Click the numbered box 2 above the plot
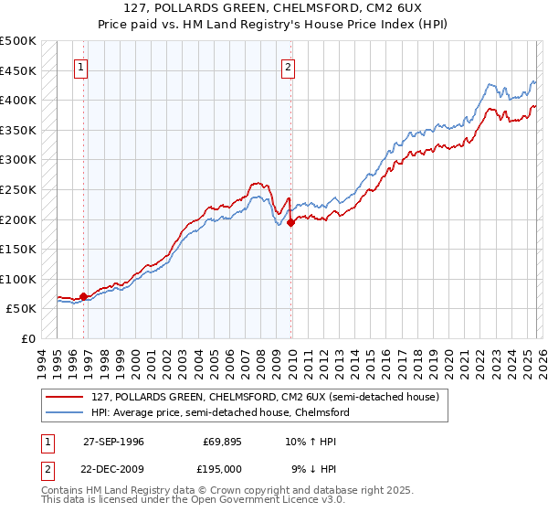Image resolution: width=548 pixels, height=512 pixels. click(x=288, y=66)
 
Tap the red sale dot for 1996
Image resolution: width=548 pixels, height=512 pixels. click(x=83, y=296)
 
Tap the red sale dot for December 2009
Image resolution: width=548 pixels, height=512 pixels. click(x=290, y=221)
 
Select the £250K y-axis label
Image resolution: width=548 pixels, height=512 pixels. click(x=18, y=190)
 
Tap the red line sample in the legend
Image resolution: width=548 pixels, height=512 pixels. click(x=67, y=397)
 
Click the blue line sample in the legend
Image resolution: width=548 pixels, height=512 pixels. click(x=67, y=412)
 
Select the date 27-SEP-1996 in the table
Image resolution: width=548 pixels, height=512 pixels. click(x=113, y=441)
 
